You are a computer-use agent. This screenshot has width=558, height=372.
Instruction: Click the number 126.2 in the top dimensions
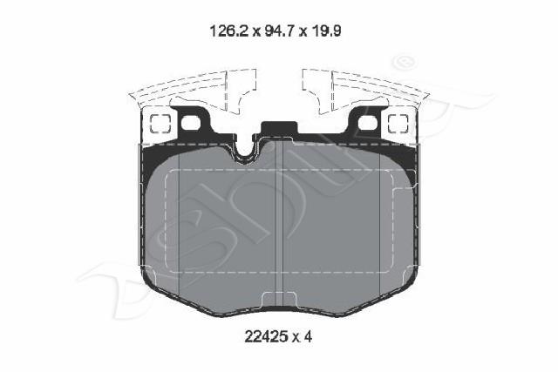228,31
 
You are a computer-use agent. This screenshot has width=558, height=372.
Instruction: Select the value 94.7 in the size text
280,31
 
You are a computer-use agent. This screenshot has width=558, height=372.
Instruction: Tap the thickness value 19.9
325,31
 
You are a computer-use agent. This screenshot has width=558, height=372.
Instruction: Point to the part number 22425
266,336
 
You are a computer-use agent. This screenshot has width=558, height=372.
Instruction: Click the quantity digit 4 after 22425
308,336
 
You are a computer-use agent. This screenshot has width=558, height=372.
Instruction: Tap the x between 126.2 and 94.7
255,33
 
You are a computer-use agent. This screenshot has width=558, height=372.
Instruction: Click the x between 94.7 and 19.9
303,33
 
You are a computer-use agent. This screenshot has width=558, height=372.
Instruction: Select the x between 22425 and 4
296,338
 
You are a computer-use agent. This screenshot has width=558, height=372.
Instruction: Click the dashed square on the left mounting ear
160,124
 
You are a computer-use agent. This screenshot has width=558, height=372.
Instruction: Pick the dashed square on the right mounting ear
398,124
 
